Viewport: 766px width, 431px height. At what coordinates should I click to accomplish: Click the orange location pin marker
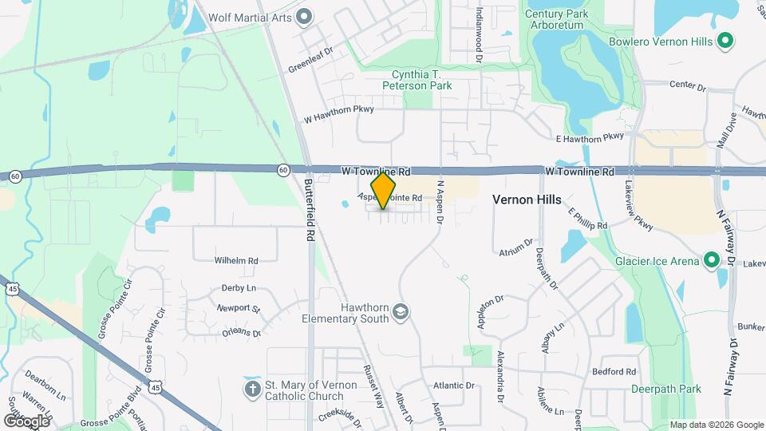[384, 191]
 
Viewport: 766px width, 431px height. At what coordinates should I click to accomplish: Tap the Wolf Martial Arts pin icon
[303, 16]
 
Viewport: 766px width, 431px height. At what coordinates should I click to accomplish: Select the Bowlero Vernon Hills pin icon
[725, 41]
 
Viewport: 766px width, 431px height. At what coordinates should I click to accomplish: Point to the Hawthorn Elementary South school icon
[401, 312]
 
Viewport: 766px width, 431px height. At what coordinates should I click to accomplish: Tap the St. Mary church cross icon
[252, 389]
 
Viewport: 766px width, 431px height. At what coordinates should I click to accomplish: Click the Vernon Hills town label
[527, 200]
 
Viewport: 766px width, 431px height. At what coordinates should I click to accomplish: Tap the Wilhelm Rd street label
[236, 260]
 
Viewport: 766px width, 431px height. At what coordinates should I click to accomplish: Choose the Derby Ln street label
[239, 287]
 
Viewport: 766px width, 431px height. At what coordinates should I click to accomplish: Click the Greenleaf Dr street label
[309, 63]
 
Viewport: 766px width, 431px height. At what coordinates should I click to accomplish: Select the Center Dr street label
[688, 84]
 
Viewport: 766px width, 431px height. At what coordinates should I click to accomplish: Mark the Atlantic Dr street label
[454, 386]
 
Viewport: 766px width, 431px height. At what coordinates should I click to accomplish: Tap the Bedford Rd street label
[614, 372]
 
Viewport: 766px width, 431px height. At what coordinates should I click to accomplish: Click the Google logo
[26, 421]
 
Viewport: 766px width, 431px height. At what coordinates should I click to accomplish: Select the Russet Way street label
[374, 387]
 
